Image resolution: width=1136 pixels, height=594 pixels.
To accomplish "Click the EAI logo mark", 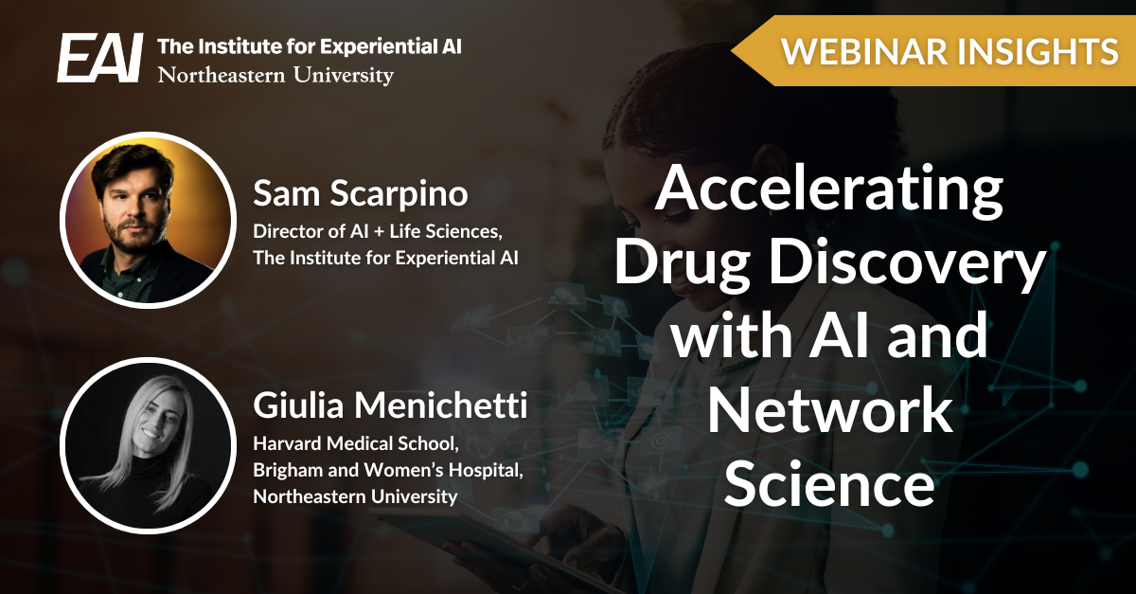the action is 100,58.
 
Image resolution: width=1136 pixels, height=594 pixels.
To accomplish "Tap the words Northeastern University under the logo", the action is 275,76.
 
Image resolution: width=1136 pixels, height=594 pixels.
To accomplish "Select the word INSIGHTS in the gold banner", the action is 1038,51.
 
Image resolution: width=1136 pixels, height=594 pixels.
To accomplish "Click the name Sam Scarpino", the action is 361,193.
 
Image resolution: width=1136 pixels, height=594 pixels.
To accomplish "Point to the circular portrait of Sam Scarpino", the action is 148,220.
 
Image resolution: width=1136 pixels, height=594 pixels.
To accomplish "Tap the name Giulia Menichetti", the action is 390,405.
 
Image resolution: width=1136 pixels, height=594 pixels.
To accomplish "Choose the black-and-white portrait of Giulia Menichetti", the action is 148,446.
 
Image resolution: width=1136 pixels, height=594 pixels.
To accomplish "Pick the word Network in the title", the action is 830,408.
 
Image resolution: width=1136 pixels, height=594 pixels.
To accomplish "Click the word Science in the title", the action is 829,483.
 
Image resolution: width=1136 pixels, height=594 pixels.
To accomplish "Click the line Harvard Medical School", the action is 356,444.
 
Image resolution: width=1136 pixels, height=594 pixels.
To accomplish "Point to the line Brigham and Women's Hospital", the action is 388,471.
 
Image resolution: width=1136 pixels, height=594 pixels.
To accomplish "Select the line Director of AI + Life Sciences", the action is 378,232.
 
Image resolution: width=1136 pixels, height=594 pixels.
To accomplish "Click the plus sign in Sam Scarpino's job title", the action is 378,232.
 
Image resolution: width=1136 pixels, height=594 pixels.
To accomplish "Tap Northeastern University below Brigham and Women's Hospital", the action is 355,496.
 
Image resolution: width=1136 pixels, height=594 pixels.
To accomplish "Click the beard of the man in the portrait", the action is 132,235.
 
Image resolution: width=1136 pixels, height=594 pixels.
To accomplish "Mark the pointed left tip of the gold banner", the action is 731,50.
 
